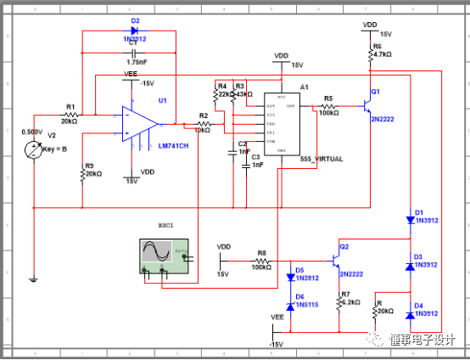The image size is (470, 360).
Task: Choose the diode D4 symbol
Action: point(410,315)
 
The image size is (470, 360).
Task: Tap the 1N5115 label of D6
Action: point(306,304)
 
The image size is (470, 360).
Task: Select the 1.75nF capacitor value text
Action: point(137,62)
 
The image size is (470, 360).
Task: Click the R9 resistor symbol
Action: point(82,173)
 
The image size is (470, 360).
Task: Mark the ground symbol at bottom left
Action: point(33,278)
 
